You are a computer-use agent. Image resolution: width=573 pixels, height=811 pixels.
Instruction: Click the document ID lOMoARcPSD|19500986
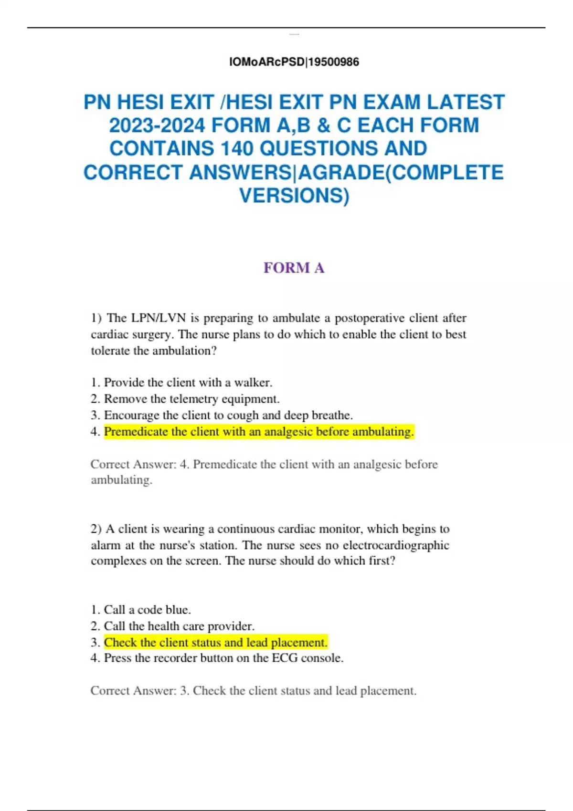click(x=294, y=62)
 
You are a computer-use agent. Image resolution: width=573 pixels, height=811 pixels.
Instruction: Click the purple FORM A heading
click(x=294, y=268)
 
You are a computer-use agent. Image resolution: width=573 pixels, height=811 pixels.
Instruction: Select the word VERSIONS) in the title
click(x=294, y=196)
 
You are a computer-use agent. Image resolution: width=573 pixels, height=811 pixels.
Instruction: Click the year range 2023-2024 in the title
click(x=157, y=125)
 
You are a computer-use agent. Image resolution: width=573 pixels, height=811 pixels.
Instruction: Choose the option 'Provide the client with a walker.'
click(x=188, y=383)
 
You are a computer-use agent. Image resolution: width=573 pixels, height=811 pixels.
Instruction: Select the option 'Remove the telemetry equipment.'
click(x=191, y=399)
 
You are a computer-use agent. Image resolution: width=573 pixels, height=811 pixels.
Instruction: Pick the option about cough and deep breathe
click(x=228, y=415)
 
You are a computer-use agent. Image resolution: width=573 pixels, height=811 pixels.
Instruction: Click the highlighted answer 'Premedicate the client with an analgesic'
click(x=259, y=432)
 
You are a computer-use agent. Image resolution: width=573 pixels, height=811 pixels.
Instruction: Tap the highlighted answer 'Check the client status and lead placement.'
click(x=216, y=643)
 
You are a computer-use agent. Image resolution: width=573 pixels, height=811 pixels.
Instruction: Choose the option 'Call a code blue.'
click(x=147, y=610)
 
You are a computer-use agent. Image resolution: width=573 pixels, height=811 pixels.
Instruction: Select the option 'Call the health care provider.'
click(x=179, y=626)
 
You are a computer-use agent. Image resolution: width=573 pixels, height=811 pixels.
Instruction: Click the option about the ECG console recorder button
click(x=223, y=658)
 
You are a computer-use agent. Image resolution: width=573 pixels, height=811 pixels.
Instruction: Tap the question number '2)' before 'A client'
click(x=96, y=529)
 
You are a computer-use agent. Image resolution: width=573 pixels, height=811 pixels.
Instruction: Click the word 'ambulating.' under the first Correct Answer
click(x=121, y=480)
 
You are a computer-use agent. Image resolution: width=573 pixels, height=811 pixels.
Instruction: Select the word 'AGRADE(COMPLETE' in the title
click(x=401, y=172)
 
